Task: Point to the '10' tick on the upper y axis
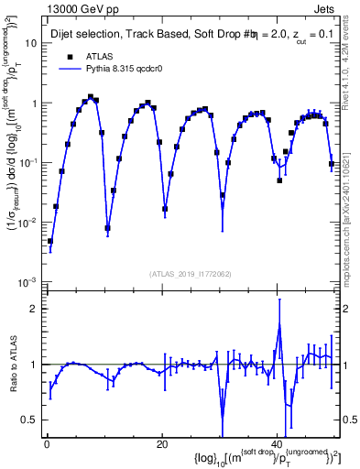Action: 29,43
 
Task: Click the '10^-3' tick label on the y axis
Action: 26,281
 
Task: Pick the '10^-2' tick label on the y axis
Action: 26,222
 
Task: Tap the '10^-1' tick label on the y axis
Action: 26,162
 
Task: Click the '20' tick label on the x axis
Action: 162,444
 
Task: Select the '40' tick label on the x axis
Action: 278,444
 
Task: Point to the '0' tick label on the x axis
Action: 46,444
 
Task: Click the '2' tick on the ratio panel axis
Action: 33,308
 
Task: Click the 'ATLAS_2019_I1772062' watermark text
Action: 191,274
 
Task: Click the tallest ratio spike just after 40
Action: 278,326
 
